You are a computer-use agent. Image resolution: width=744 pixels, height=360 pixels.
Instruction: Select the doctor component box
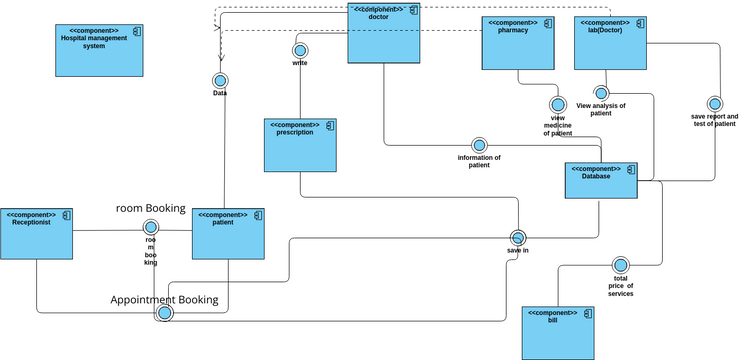(383, 33)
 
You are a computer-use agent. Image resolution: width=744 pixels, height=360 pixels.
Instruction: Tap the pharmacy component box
(517, 42)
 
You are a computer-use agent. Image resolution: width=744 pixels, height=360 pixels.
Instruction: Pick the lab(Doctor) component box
(610, 43)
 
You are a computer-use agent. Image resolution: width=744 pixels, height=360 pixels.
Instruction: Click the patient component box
(228, 234)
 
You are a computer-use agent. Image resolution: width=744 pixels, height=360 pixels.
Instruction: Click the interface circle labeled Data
(220, 80)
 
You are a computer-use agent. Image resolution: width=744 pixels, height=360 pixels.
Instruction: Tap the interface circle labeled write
(299, 50)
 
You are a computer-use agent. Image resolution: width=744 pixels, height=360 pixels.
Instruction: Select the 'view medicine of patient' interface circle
(558, 104)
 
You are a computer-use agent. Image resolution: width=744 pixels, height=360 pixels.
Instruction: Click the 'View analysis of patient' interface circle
(601, 93)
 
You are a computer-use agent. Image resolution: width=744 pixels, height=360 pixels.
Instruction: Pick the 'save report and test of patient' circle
(714, 104)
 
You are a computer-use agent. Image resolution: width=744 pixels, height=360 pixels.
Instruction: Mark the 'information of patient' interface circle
(479, 144)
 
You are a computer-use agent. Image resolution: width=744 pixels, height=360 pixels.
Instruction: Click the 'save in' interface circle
(518, 238)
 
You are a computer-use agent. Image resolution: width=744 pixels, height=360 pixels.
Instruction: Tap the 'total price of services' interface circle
(620, 265)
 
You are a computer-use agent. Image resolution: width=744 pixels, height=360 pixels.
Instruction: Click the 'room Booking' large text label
(151, 208)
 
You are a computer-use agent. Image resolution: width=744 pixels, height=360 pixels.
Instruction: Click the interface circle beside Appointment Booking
(164, 313)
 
